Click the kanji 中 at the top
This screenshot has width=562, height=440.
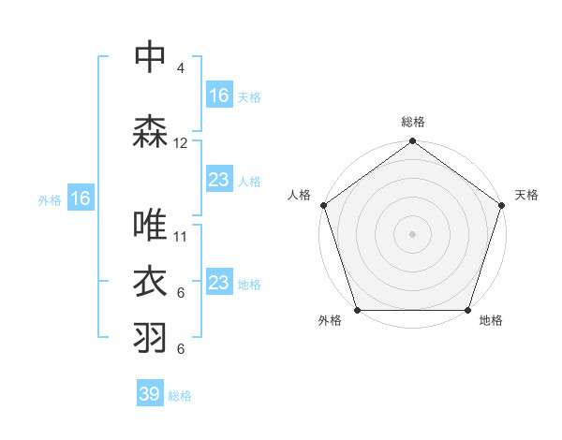coord(151,57)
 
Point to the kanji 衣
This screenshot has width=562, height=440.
coord(151,283)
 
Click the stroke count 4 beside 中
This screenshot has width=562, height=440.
coord(181,68)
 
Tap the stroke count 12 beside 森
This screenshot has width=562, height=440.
coord(181,143)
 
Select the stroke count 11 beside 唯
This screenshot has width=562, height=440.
coord(181,237)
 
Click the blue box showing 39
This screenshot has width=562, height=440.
coord(150,394)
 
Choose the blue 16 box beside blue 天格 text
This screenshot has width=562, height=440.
coord(218,95)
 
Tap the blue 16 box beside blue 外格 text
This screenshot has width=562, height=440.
coord(80,198)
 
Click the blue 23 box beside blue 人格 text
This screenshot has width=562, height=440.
coord(218,179)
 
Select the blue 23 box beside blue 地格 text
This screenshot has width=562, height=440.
coord(218,282)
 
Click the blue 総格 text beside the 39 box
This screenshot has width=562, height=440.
coord(180,396)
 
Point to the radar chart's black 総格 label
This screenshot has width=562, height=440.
coord(413,123)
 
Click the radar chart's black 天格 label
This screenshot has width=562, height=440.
coord(526,196)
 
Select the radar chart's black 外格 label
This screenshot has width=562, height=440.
coord(330,321)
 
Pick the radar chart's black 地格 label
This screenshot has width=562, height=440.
coord(491,321)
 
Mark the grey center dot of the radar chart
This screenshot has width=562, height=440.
coord(413,233)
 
